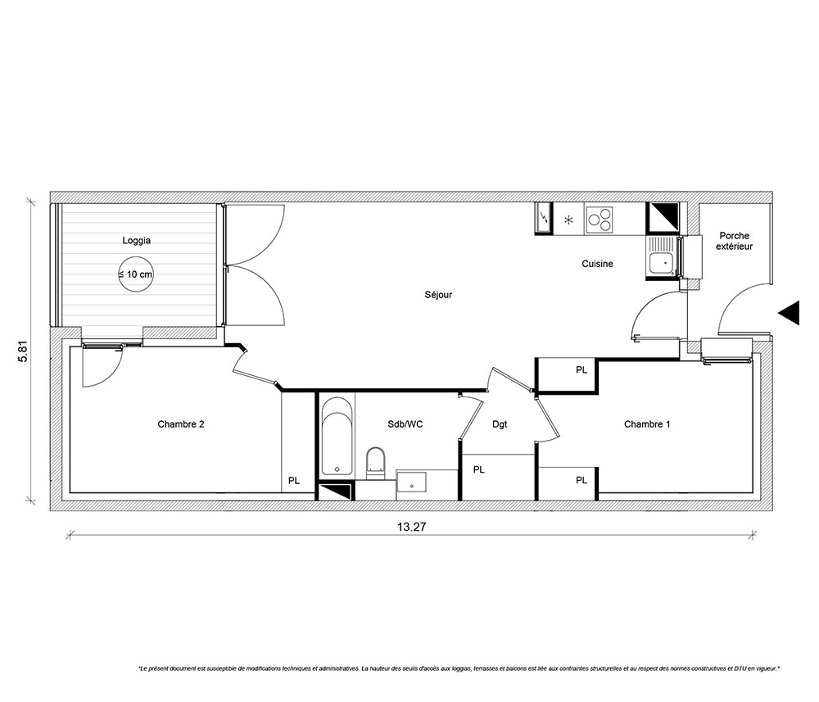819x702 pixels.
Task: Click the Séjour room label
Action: tap(438, 295)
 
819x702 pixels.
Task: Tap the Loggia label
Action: tap(136, 240)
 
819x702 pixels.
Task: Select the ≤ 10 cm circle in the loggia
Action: tap(136, 274)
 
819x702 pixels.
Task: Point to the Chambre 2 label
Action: tap(181, 424)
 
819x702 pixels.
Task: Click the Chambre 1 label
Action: tap(647, 424)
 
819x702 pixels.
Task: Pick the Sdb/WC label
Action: tap(405, 424)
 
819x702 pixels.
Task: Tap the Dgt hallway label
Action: tap(500, 424)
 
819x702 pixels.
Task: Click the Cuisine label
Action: tap(597, 264)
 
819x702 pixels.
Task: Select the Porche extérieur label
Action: tap(735, 241)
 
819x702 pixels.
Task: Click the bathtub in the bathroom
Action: tap(337, 437)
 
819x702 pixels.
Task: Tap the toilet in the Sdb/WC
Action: tap(375, 464)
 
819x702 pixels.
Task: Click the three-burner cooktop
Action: tap(600, 220)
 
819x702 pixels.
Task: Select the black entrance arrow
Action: tap(789, 313)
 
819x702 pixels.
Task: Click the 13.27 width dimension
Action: tap(412, 527)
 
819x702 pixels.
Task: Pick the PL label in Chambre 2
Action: tap(294, 481)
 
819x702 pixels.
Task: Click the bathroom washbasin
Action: tap(411, 482)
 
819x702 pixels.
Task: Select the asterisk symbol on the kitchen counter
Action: tap(568, 220)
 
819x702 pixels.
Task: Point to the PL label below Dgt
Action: tap(479, 470)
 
